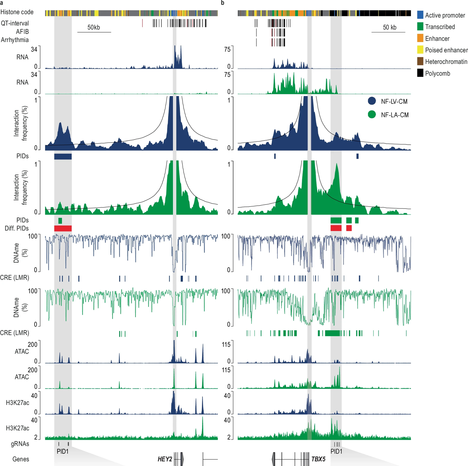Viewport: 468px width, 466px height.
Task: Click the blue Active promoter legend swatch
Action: click(420, 15)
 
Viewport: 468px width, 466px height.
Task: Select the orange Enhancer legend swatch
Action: click(420, 38)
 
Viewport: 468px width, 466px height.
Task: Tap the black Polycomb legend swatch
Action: click(420, 73)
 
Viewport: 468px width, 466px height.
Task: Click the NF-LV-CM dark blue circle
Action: click(372, 101)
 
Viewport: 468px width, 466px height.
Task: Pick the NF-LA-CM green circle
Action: click(372, 115)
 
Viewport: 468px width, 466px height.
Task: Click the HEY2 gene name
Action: click(165, 459)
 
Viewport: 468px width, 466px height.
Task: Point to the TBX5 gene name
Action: click(318, 459)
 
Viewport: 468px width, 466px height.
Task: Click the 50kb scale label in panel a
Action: click(94, 27)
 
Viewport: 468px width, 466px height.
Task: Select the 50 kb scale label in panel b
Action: click(389, 27)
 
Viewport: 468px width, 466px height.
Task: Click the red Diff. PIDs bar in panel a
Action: click(63, 228)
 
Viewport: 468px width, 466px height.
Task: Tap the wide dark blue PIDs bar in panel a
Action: click(63, 156)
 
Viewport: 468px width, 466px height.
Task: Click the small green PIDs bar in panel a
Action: click(60, 221)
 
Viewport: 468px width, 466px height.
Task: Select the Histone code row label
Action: click(17, 12)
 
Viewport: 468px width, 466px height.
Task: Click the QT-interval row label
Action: click(15, 23)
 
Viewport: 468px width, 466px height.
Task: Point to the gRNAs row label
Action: click(20, 444)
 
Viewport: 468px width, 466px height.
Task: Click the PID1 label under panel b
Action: click(336, 451)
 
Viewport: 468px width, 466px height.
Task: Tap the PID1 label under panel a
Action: click(62, 451)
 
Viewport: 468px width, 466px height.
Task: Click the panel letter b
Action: click(223, 3)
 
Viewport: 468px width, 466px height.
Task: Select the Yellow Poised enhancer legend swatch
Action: click(420, 50)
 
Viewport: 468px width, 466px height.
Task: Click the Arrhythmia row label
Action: click(15, 40)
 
